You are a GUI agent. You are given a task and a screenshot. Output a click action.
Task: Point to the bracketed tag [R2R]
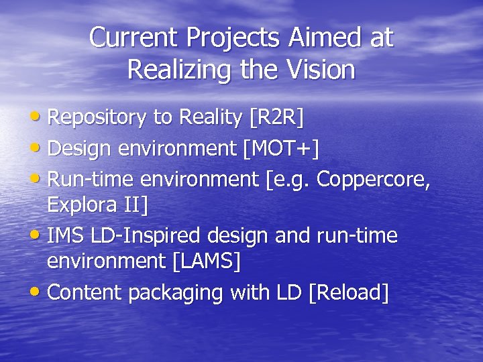276,118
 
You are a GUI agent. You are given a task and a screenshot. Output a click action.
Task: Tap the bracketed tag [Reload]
348,292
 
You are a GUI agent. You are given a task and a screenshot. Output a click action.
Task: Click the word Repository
98,119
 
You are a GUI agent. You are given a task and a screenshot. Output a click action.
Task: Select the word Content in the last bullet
85,292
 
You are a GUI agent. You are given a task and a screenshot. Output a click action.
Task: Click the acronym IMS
64,236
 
